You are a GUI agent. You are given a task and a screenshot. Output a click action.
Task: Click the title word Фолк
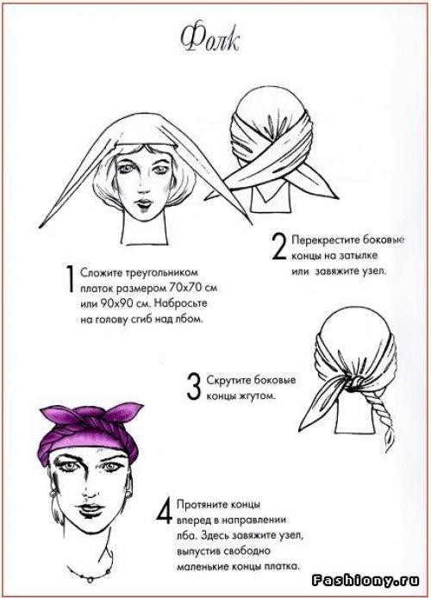(209, 39)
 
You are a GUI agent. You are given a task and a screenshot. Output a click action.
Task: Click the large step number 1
(70, 279)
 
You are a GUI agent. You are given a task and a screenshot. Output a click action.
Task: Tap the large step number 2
(278, 247)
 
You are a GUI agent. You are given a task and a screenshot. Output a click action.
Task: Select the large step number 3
(193, 387)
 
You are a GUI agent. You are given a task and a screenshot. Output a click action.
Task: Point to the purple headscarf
(91, 432)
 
